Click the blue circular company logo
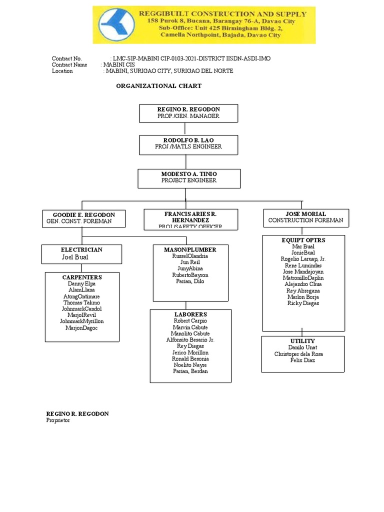pyautogui.click(x=115, y=25)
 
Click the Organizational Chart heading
pyautogui.click(x=158, y=86)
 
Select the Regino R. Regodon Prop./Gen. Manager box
pyautogui.click(x=188, y=112)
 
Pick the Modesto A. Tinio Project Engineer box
pyautogui.click(x=188, y=177)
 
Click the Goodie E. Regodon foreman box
pyautogui.click(x=83, y=218)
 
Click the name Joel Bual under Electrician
pyautogui.click(x=74, y=257)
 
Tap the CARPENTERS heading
pyautogui.click(x=82, y=277)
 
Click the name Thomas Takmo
pyautogui.click(x=81, y=302)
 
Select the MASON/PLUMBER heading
pyautogui.click(x=190, y=249)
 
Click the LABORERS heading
pyautogui.click(x=190, y=314)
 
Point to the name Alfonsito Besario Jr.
pyautogui.click(x=190, y=339)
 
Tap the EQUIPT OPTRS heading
pyautogui.click(x=303, y=240)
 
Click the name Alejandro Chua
pyautogui.click(x=303, y=284)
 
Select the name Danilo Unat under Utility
pyautogui.click(x=302, y=347)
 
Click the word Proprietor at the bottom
pyautogui.click(x=58, y=420)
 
